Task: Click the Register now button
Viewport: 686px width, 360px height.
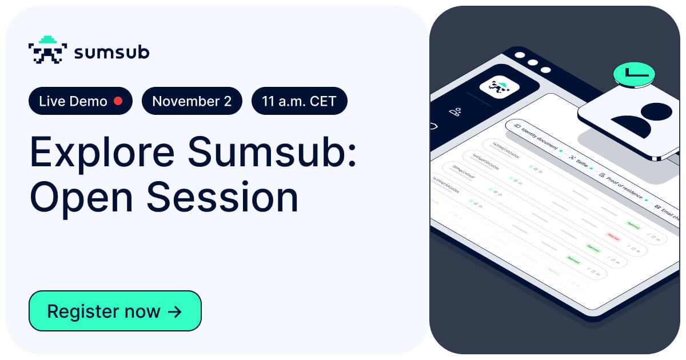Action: pos(115,311)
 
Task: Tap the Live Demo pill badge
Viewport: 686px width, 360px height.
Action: pos(81,101)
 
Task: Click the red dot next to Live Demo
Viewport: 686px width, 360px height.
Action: pos(118,101)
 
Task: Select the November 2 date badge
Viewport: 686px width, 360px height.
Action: pos(192,101)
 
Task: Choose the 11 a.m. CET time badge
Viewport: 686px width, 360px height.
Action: pos(299,101)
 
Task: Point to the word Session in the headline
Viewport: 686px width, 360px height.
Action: pos(222,197)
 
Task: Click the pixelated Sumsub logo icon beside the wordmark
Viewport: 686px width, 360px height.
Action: pos(47,50)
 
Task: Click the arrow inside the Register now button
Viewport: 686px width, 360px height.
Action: pos(174,311)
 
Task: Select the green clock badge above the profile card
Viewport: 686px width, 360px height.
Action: pos(634,74)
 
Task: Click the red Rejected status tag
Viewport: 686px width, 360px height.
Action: pos(613,236)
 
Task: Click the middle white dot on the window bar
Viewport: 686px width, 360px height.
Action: pos(533,62)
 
